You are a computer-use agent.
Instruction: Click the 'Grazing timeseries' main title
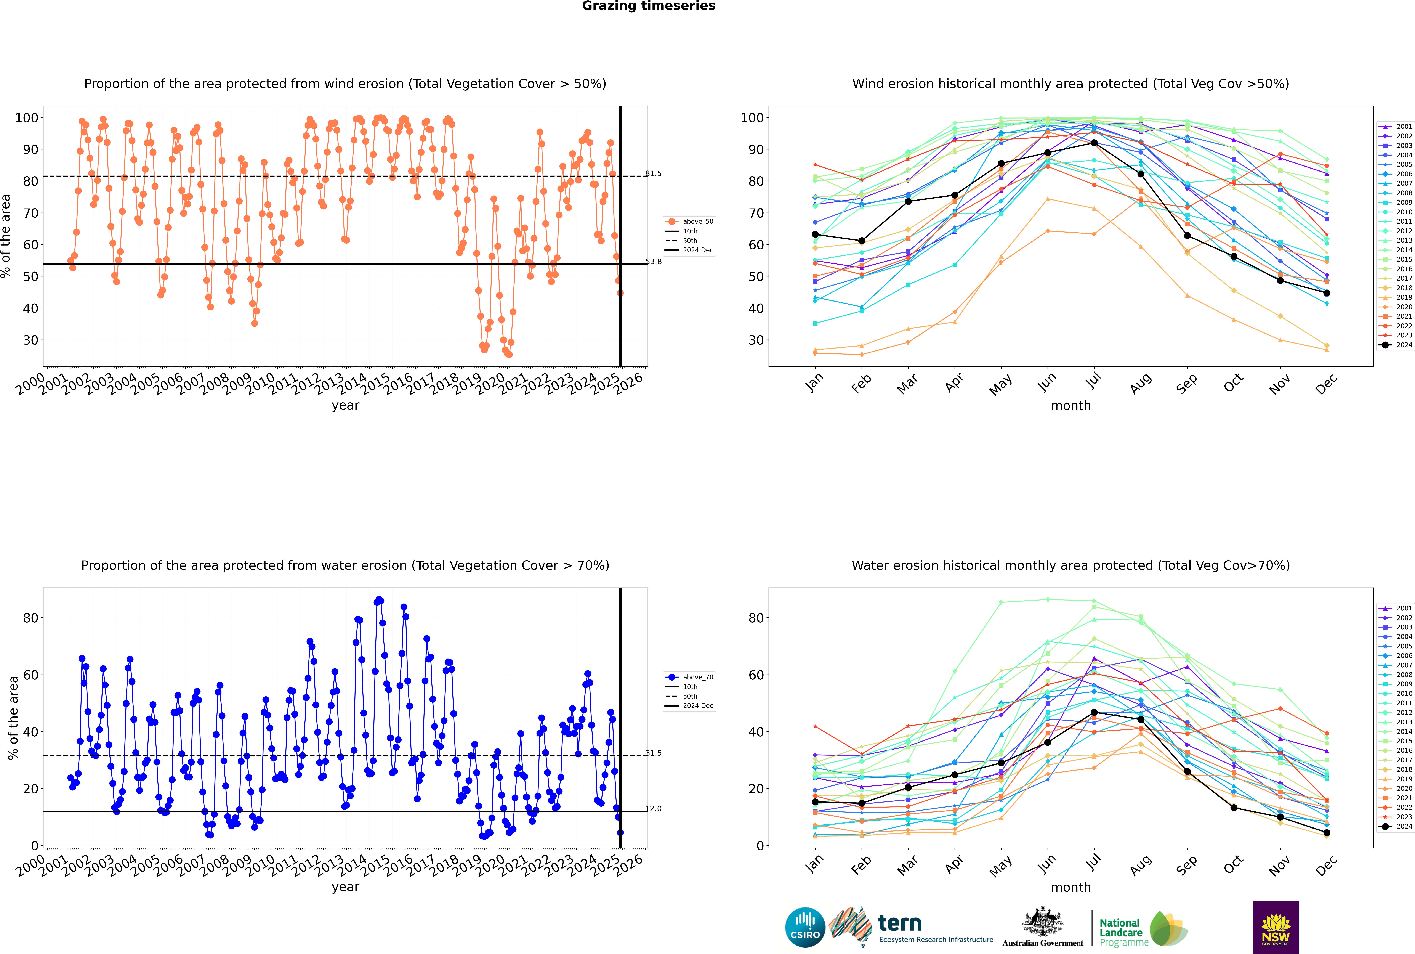coord(649,6)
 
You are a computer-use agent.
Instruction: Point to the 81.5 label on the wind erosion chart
coord(653,173)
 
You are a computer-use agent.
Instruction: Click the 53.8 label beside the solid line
coord(653,262)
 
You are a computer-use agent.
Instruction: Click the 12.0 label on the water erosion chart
coord(653,809)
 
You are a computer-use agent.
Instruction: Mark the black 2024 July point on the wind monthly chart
coord(1094,143)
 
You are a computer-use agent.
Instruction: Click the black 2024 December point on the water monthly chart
coord(1327,833)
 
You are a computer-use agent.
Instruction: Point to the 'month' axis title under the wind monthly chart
coord(1071,406)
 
